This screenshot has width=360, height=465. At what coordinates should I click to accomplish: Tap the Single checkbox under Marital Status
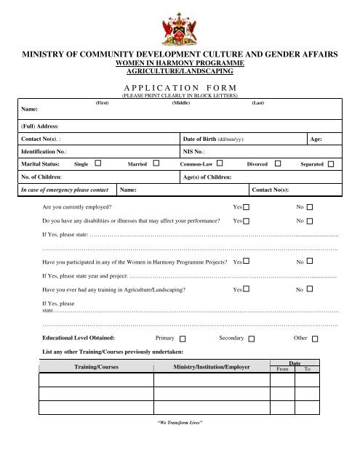coord(97,164)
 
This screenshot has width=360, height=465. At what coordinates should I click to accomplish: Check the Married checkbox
coord(156,164)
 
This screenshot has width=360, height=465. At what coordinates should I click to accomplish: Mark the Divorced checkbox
coord(279,164)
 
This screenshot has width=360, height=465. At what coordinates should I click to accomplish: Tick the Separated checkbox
coord(331,165)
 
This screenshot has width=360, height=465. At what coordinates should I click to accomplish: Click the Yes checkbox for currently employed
coord(247,208)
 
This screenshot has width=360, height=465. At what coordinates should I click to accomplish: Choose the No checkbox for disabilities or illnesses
coord(310,220)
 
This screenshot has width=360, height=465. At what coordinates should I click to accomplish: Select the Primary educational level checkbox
coord(182,339)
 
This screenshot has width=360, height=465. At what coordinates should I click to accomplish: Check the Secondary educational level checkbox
coord(251,339)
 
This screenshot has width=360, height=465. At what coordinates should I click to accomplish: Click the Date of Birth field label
coord(215,137)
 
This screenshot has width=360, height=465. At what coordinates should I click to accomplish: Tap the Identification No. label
coord(45,151)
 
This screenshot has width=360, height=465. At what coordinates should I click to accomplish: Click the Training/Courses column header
coord(96,367)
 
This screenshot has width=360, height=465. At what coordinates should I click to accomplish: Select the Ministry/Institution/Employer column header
coord(212,367)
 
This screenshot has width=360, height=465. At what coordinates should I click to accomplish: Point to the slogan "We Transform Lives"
coord(180,422)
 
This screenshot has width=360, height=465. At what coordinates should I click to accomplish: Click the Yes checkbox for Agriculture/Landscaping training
coord(247,289)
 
